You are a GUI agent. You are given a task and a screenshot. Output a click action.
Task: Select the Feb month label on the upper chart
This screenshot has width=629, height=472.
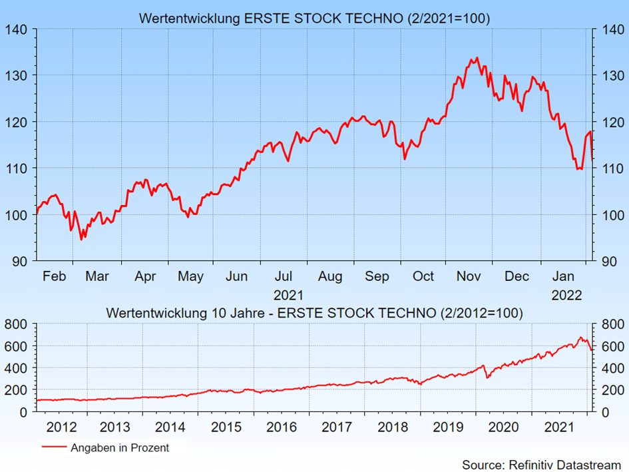(54, 276)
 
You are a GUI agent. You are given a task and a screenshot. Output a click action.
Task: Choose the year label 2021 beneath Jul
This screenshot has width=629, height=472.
(288, 295)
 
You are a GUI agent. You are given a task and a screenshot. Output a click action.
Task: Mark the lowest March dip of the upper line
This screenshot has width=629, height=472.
(81, 239)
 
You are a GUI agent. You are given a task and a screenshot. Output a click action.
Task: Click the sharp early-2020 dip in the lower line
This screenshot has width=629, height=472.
(487, 377)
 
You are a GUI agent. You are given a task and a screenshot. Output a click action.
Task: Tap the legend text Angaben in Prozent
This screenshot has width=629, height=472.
(120, 448)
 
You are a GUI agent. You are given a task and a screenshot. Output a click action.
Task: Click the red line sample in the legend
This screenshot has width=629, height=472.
(53, 448)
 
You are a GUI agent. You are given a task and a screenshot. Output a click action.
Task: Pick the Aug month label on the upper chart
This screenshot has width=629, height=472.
(330, 276)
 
